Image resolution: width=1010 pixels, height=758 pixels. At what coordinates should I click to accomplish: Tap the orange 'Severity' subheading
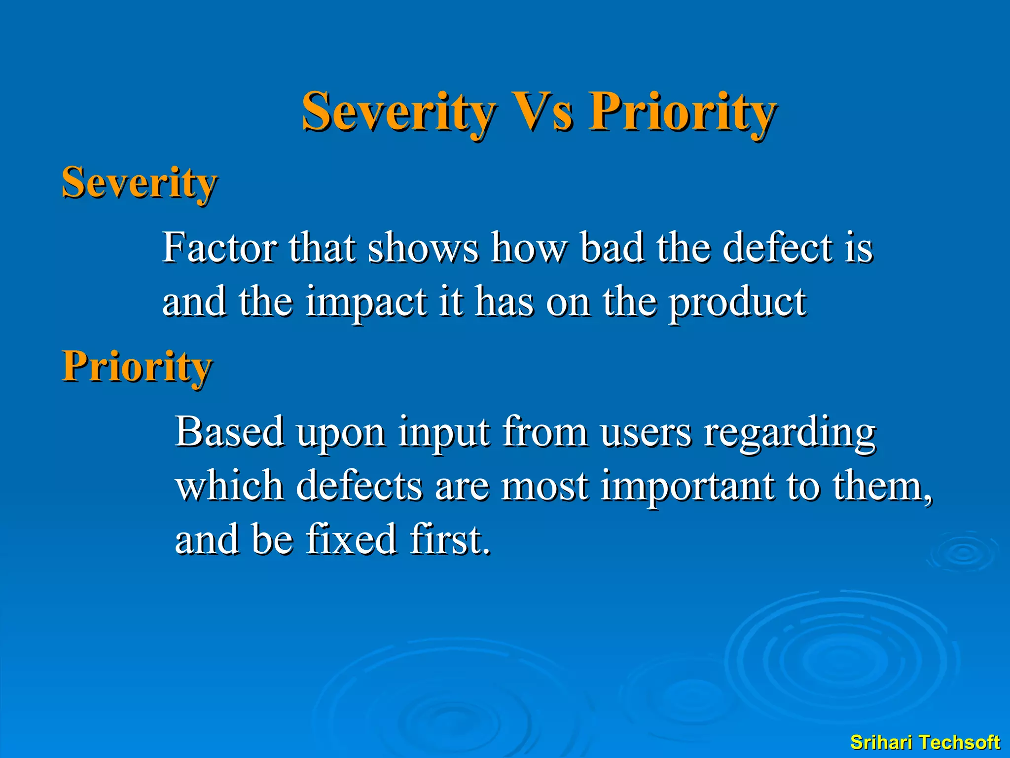[x=139, y=183]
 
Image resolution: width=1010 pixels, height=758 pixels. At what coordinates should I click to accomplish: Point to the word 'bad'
[x=611, y=248]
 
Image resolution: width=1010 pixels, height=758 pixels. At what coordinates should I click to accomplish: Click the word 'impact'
[x=365, y=302]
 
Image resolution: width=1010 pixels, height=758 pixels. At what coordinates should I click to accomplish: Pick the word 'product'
[x=737, y=302]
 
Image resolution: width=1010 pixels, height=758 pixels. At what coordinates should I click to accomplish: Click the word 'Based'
[x=230, y=432]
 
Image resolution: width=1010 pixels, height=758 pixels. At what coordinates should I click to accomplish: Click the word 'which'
[x=229, y=486]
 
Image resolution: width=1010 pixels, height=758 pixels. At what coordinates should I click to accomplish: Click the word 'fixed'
[x=351, y=539]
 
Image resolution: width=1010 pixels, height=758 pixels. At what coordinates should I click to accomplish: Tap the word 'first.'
[x=450, y=539]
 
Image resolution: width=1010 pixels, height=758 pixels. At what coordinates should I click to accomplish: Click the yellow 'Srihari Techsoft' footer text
[x=925, y=742]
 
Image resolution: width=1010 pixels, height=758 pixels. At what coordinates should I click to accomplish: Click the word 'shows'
[x=423, y=248]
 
